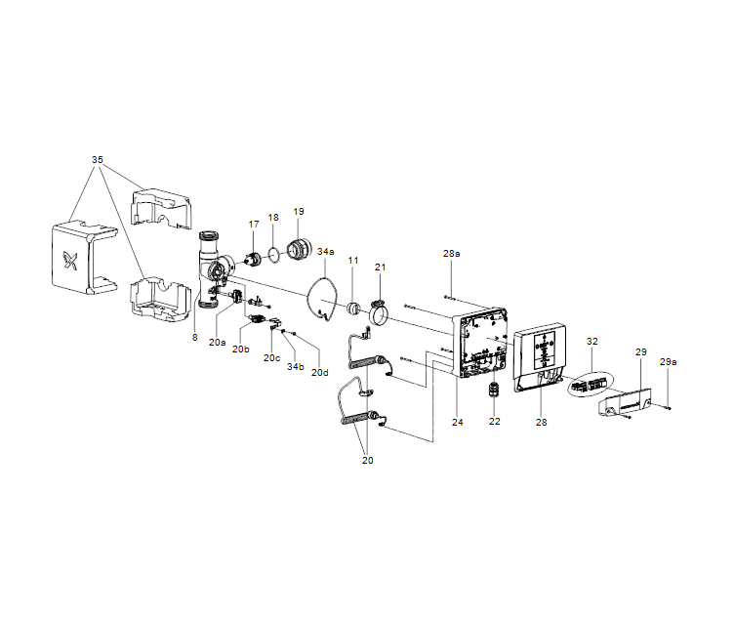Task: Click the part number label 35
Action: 98,160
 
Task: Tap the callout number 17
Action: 254,225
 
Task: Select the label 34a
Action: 326,251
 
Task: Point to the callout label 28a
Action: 451,253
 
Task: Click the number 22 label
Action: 494,422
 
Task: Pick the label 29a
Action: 668,361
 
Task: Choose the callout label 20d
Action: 320,373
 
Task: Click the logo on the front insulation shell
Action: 70,261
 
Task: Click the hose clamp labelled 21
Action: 379,312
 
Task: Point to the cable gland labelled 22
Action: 494,389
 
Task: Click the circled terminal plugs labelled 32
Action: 590,385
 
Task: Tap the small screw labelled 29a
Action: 667,407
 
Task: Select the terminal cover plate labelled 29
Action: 625,401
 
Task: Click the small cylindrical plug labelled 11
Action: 352,308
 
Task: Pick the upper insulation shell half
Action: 161,208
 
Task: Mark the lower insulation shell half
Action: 160,300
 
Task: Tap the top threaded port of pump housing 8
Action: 208,235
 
